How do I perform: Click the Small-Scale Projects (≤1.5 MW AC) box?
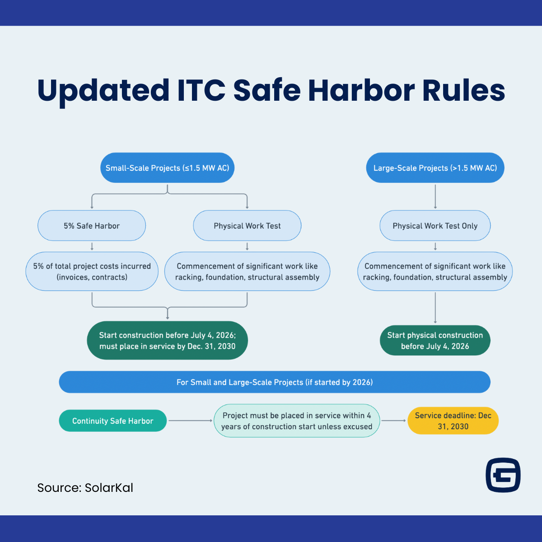point(167,168)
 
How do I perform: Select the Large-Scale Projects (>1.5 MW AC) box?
point(435,168)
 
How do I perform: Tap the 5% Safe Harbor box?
point(92,226)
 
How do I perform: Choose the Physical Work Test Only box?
point(435,226)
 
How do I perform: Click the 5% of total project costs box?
point(92,271)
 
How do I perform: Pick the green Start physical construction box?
point(435,341)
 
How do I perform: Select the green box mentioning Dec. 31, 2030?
point(167,341)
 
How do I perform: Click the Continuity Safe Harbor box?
point(112,421)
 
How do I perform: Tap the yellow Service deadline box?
point(453,421)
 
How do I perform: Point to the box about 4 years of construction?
point(297,421)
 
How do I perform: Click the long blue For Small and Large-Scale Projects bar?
point(275,382)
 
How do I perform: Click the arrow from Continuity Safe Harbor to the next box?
point(190,421)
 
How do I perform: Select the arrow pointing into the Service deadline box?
point(393,421)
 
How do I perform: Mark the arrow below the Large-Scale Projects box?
point(435,196)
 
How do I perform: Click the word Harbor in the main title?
point(361,90)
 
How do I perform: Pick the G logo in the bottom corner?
point(503,475)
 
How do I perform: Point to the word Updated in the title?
point(103,90)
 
